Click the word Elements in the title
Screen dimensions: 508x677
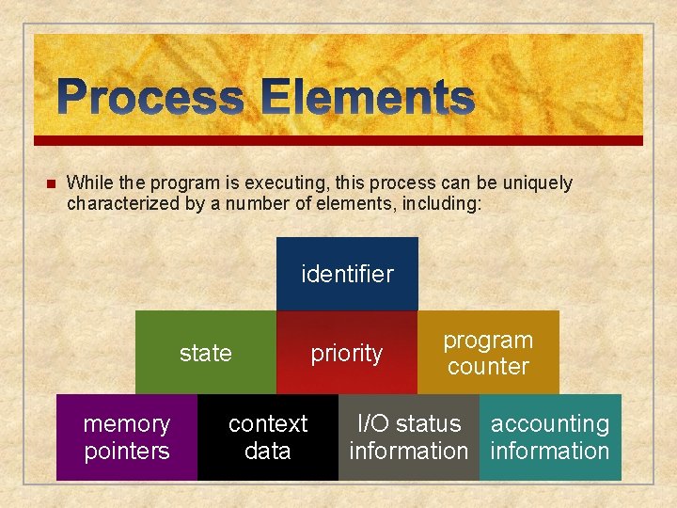pyautogui.click(x=368, y=98)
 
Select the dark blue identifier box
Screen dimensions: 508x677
pyautogui.click(x=347, y=274)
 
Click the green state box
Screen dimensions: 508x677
pyautogui.click(x=205, y=353)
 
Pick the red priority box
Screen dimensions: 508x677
pyautogui.click(x=347, y=353)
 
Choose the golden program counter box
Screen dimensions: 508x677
pyautogui.click(x=488, y=353)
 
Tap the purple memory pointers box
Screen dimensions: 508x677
pyautogui.click(x=127, y=437)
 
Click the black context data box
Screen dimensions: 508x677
pyautogui.click(x=268, y=437)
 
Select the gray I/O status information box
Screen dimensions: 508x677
pyautogui.click(x=408, y=437)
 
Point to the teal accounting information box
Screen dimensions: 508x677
pyautogui.click(x=550, y=437)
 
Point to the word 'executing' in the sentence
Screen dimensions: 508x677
pyautogui.click(x=254, y=183)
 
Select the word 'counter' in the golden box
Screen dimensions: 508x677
pyautogui.click(x=488, y=367)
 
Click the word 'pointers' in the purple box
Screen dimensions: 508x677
pyautogui.click(x=127, y=452)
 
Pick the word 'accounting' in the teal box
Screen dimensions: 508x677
pyautogui.click(x=550, y=424)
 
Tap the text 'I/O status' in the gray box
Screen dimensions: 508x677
pyautogui.click(x=408, y=424)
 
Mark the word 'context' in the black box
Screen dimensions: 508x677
pyautogui.click(x=268, y=424)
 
